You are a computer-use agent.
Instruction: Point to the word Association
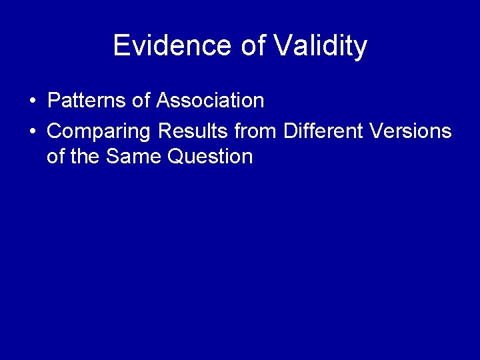point(210,101)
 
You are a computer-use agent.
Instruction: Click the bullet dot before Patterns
point(32,101)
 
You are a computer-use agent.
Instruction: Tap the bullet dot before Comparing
point(32,131)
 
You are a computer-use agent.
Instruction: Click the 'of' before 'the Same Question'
point(57,157)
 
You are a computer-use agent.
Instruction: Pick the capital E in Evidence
point(121,46)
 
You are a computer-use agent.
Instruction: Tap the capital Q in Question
point(177,157)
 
